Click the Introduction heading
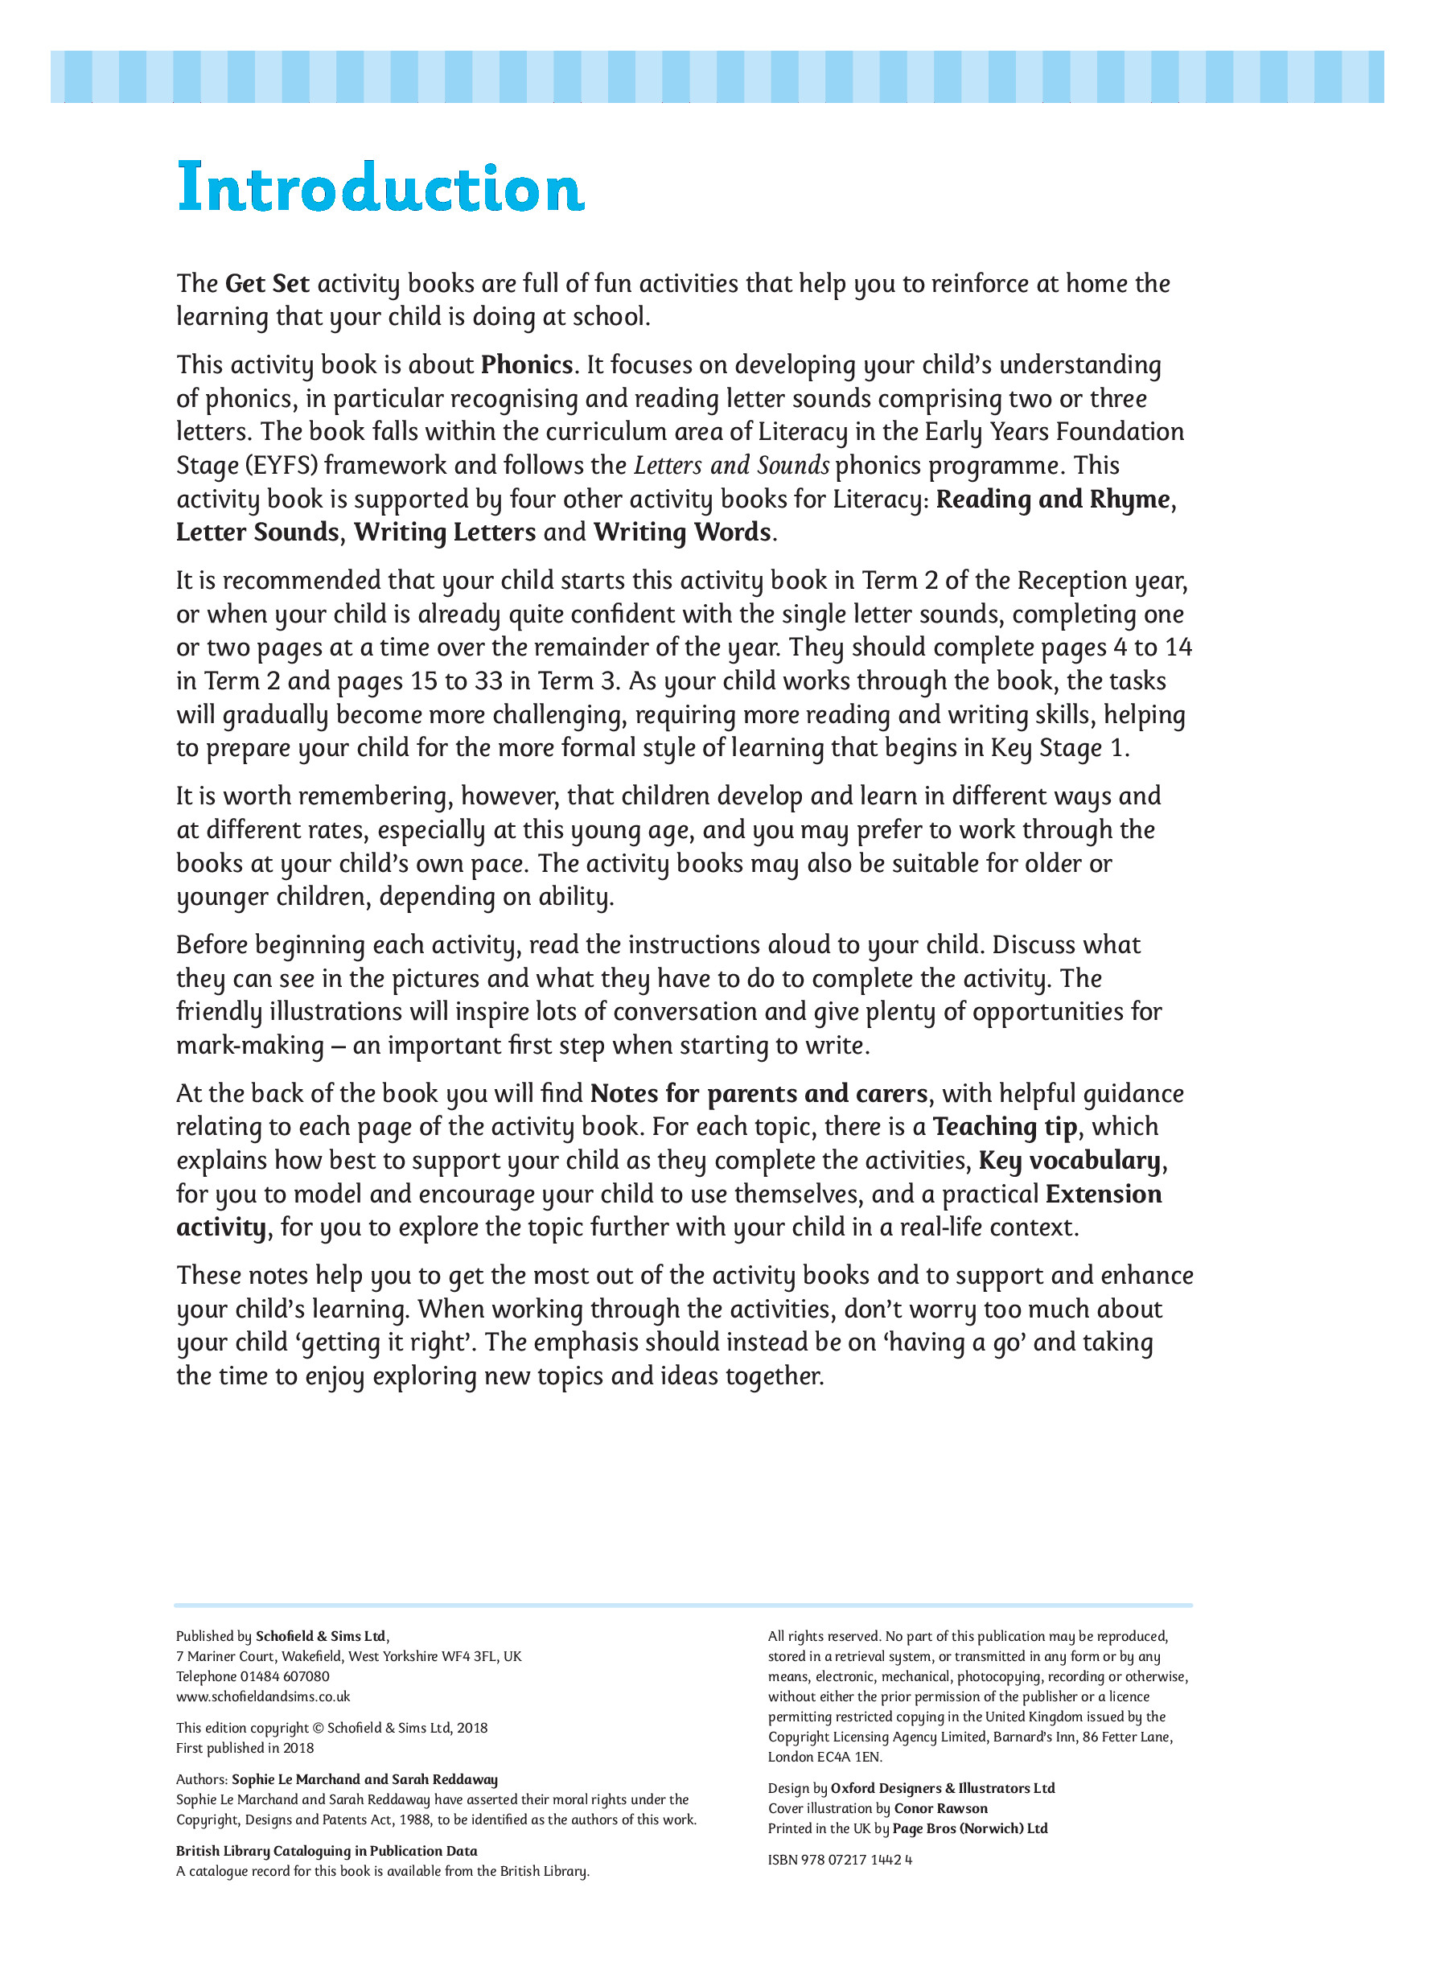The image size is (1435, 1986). click(x=380, y=187)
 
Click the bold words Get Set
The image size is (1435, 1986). click(x=267, y=284)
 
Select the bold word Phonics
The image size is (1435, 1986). click(x=526, y=365)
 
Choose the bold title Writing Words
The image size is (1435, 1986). click(x=682, y=532)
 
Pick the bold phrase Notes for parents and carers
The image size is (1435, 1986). click(x=759, y=1094)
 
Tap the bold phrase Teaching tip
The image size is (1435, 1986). click(x=1004, y=1127)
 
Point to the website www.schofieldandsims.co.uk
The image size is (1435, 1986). click(x=263, y=1696)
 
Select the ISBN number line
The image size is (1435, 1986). click(x=840, y=1860)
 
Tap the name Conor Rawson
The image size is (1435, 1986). click(x=940, y=1808)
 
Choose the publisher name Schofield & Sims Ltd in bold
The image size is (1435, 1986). click(x=320, y=1636)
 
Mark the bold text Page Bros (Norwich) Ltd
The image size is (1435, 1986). click(x=969, y=1828)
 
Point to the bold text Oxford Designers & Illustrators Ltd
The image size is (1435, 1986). click(x=942, y=1788)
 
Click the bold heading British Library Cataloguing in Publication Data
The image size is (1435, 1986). click(x=327, y=1851)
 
